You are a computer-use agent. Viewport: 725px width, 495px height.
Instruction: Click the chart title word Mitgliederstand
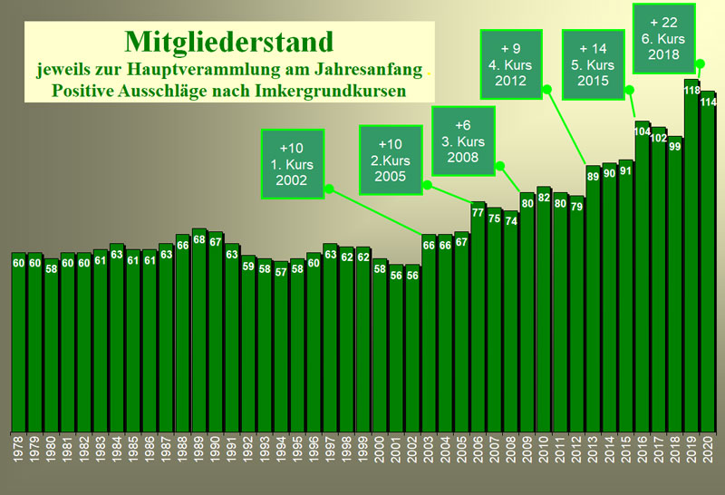point(229,42)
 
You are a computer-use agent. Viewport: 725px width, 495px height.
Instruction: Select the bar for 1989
point(199,330)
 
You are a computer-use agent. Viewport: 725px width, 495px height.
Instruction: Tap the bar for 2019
point(691,256)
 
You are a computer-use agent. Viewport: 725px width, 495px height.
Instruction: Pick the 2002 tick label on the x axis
point(412,449)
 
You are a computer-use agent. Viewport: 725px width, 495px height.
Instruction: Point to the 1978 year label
point(18,449)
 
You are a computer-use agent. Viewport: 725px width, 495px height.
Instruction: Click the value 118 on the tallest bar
point(692,91)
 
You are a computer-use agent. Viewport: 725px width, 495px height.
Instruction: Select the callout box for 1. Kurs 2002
point(293,164)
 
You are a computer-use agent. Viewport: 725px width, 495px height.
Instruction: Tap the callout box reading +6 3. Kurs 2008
point(463,141)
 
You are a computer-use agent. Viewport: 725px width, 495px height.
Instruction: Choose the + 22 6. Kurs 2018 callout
point(664,38)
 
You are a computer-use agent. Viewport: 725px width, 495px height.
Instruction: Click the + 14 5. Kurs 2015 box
point(594,64)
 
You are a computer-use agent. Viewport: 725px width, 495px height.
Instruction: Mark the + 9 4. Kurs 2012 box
point(511,64)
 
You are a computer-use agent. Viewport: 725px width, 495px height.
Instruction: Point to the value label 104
point(643,131)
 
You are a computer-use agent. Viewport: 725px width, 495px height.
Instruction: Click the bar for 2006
point(478,317)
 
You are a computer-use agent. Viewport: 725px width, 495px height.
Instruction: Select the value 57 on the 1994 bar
point(281,273)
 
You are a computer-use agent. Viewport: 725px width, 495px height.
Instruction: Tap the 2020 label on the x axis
point(708,449)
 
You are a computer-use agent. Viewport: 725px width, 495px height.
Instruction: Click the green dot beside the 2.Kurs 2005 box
point(428,186)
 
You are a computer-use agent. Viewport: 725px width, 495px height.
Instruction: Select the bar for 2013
point(593,299)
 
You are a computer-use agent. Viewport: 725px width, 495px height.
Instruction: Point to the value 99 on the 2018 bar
point(675,147)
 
